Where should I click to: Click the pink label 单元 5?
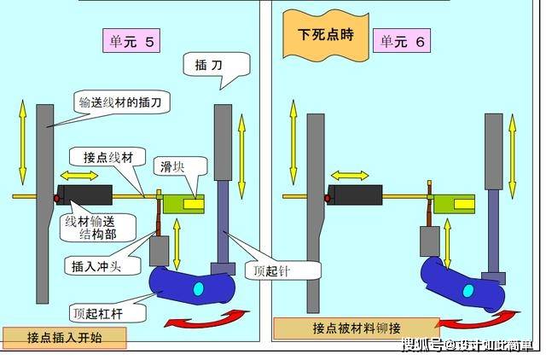coord(131,41)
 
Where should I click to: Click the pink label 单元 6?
coord(402,41)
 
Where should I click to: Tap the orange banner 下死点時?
coord(326,35)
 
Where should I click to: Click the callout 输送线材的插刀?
coord(120,102)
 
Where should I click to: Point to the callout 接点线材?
coord(108,157)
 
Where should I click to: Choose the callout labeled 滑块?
coord(180,168)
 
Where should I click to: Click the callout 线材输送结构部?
coord(97,228)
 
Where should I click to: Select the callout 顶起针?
coord(282,270)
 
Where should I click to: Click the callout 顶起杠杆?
coord(108,313)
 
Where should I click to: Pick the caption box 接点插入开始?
coord(65,338)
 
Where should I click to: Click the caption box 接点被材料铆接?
coord(357,328)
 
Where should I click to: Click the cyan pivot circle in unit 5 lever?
coord(198,288)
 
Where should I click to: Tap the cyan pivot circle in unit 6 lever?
coord(468,291)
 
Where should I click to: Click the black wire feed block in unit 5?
coord(84,195)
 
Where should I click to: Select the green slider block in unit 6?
coord(454,203)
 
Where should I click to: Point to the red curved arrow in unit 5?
coord(207,319)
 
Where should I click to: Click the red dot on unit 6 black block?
coord(328,199)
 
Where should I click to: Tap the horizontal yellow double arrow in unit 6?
coord(350,176)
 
